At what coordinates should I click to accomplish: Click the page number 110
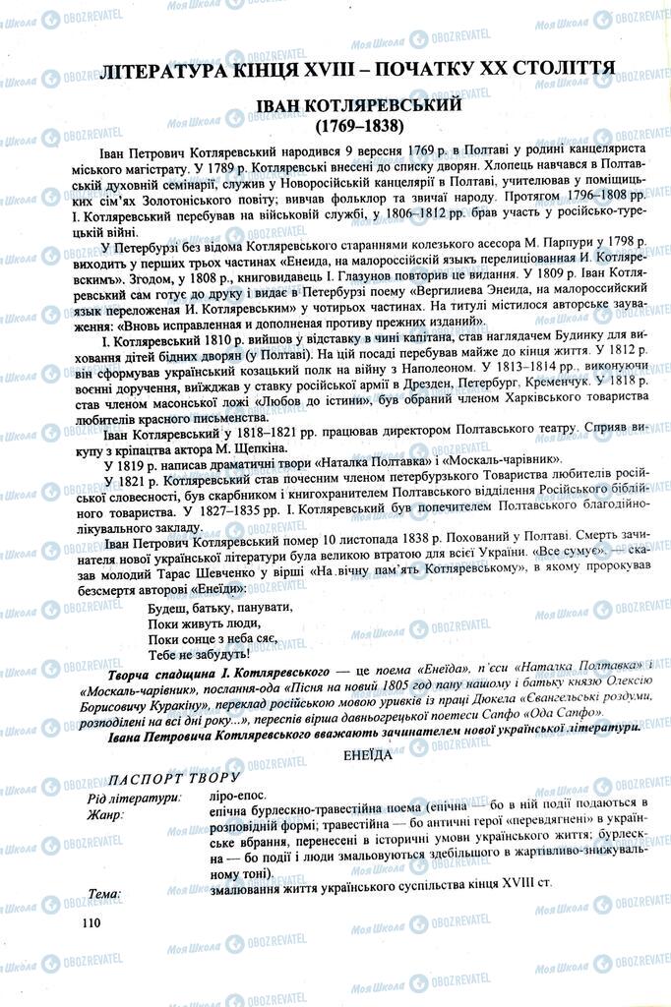pos(93,921)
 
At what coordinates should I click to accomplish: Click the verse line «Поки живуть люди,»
pos(189,623)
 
